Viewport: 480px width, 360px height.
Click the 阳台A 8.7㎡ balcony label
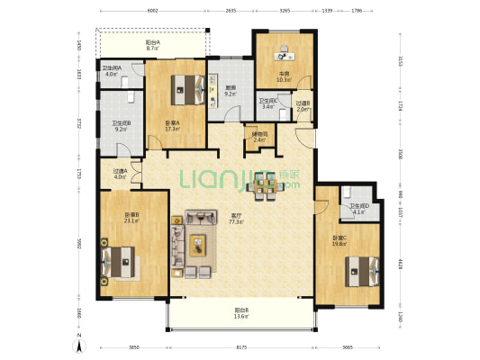click(153, 45)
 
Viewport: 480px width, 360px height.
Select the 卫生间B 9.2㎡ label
click(122, 126)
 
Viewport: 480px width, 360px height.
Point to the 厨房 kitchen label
click(231, 90)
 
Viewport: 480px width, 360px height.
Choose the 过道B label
click(303, 105)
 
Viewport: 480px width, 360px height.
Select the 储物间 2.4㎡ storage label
click(258, 137)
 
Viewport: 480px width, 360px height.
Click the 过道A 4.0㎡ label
click(120, 174)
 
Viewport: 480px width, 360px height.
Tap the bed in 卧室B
click(119, 265)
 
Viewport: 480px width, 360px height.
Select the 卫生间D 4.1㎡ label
click(359, 210)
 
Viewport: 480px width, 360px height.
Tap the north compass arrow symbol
click(78, 343)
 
